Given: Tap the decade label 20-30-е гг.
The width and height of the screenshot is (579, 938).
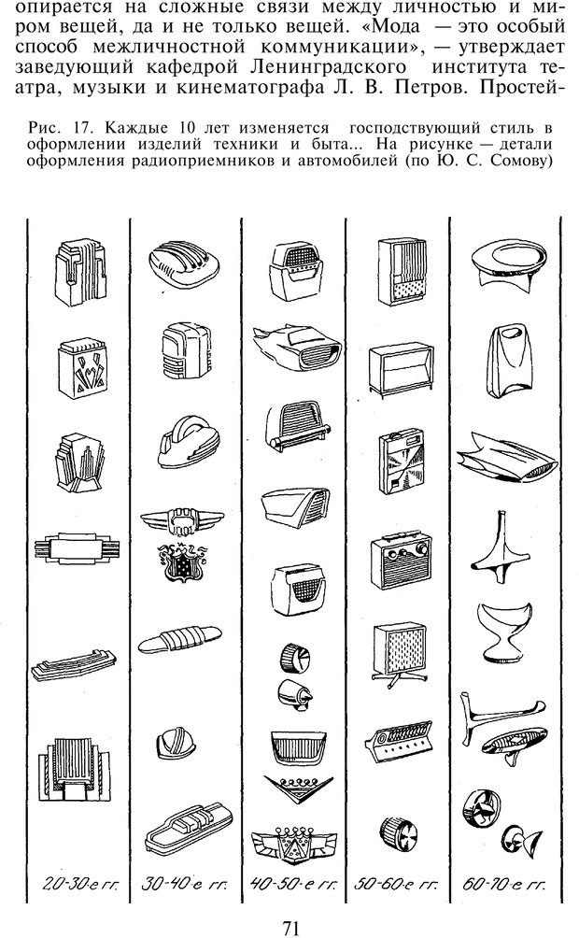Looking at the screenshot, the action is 79,884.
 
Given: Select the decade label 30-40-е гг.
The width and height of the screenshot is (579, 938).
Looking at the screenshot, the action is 184,884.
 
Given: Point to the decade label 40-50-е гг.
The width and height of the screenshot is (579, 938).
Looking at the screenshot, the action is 293,884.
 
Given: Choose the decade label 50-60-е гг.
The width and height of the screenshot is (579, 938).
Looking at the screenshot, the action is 397,884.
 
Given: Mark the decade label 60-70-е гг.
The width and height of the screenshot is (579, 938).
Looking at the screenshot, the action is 503,884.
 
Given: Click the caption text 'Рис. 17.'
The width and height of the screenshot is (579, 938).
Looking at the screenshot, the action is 59,127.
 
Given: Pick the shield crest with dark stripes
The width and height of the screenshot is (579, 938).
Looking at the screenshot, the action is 183,562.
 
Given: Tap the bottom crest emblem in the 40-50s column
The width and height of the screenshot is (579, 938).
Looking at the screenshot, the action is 293,843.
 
